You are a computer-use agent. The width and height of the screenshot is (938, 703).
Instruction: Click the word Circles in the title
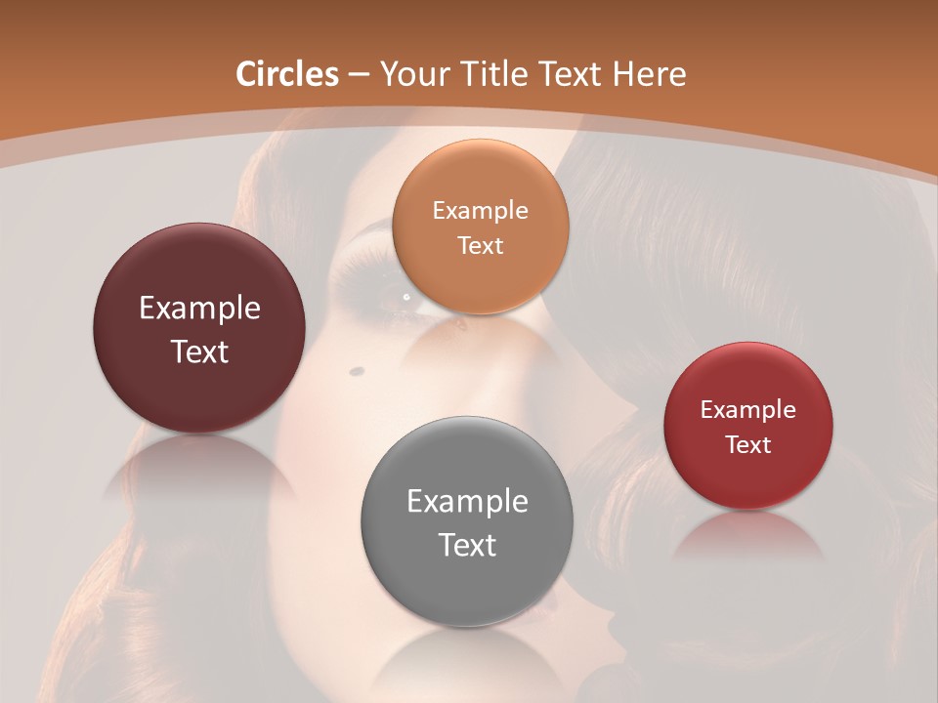pos(286,74)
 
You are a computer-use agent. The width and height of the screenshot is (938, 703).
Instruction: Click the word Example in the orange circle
pos(481,210)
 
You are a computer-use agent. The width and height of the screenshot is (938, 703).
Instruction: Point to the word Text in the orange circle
pos(481,245)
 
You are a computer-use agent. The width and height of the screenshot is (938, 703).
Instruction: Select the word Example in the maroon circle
pos(199,309)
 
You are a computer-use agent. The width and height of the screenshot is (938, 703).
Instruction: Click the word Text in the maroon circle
pos(199,351)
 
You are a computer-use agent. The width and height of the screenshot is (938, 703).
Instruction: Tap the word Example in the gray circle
pos(467,502)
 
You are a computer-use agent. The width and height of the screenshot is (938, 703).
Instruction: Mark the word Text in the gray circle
pos(467,545)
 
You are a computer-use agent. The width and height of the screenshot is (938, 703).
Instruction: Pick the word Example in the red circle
pos(748,410)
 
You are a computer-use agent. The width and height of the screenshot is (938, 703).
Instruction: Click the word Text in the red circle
pos(748,445)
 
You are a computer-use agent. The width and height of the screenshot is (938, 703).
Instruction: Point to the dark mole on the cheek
pos(357,370)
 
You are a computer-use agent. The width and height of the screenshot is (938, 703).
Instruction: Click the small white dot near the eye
pos(406,296)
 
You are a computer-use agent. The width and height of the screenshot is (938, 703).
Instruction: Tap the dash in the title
pos(358,75)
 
